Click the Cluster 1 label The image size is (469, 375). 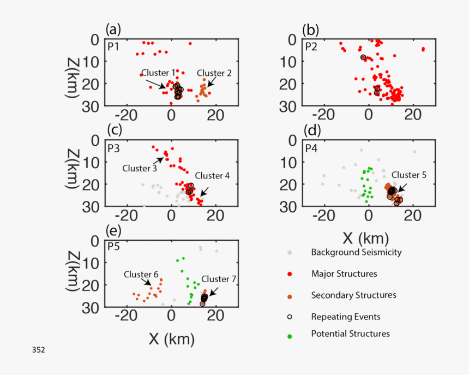[x=158, y=73]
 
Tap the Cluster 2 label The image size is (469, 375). [x=214, y=73]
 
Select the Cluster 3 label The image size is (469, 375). [x=139, y=167]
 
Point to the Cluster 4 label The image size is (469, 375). [x=212, y=175]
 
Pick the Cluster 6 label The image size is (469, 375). [x=141, y=274]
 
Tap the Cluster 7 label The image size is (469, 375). [x=219, y=278]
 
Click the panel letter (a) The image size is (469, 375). [x=113, y=29]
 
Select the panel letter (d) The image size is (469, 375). [x=311, y=130]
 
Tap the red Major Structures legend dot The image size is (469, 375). [x=290, y=274]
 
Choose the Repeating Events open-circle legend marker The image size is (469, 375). [x=290, y=316]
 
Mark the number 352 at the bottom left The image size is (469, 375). [x=39, y=349]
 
